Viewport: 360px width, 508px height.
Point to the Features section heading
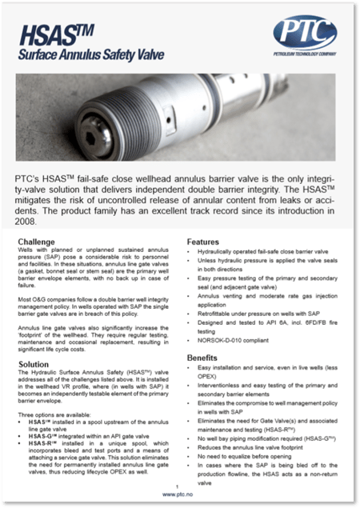coord(209,241)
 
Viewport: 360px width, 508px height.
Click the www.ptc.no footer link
coord(179,494)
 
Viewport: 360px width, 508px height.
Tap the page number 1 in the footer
coord(179,485)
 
